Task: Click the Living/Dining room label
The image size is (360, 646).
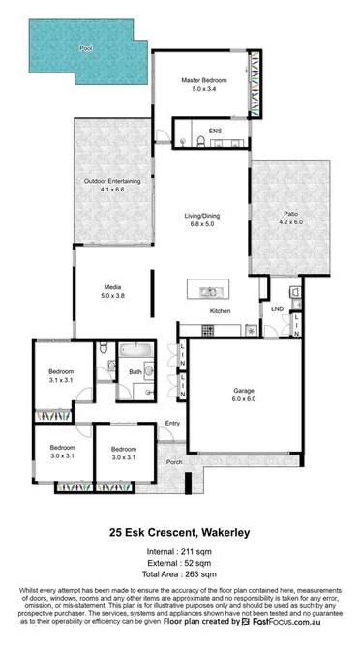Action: pyautogui.click(x=204, y=216)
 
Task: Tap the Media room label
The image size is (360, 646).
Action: pyautogui.click(x=112, y=287)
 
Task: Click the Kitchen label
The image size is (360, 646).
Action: pyautogui.click(x=220, y=311)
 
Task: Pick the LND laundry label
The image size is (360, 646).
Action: pyautogui.click(x=278, y=309)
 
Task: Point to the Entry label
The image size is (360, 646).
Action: pyautogui.click(x=173, y=424)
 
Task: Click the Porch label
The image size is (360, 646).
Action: pyautogui.click(x=175, y=462)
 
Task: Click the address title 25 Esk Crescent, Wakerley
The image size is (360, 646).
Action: pyautogui.click(x=180, y=532)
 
